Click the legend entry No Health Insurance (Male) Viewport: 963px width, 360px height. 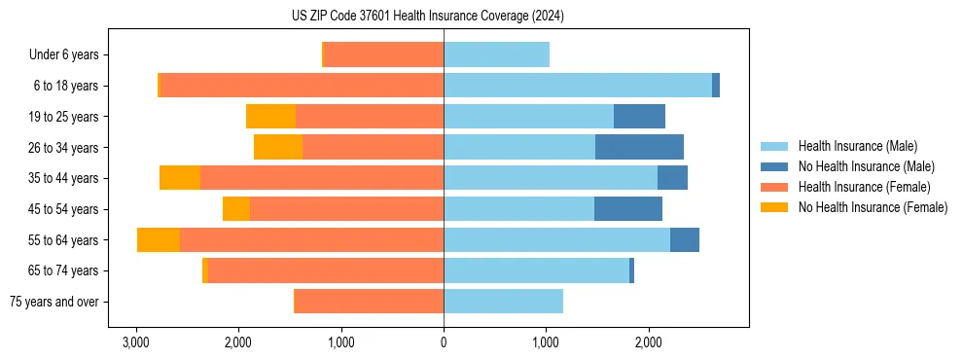(866, 166)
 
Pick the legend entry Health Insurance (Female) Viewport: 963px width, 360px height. (865, 187)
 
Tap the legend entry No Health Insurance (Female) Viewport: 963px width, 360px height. (873, 207)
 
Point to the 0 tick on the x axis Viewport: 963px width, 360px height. (444, 342)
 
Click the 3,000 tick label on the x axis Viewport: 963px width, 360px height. (136, 342)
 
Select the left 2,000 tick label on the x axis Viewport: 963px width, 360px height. (238, 342)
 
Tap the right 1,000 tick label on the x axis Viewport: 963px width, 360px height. (546, 342)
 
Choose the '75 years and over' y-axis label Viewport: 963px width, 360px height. (54, 302)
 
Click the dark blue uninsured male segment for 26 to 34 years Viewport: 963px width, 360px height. (639, 147)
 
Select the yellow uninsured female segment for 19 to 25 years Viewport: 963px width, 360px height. (270, 117)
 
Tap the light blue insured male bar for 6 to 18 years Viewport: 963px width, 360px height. (578, 86)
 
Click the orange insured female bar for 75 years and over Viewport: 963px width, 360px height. (369, 302)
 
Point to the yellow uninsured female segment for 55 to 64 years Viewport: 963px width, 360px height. (159, 240)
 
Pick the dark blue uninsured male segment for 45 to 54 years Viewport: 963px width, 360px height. (628, 209)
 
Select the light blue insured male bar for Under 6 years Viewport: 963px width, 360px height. (496, 55)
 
